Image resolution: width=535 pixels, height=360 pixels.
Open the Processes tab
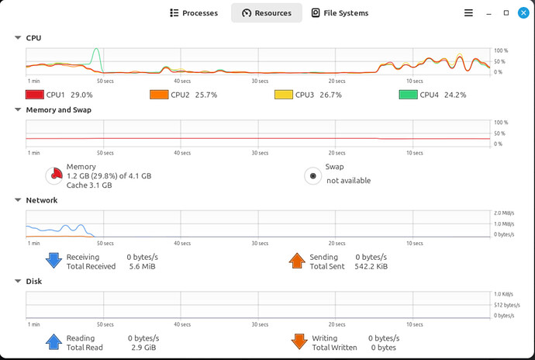(194, 13)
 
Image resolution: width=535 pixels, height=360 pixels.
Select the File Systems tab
(339, 13)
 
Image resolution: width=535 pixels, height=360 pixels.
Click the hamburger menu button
(468, 13)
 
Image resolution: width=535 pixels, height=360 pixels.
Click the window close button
(523, 13)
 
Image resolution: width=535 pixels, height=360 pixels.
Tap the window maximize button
(506, 13)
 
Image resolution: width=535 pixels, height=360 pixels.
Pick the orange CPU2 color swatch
(159, 95)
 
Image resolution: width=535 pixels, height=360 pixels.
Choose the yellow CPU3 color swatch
(284, 95)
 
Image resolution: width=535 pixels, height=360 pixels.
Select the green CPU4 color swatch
(408, 95)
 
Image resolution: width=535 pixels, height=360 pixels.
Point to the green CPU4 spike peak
(96, 50)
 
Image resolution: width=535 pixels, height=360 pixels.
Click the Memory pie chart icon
(54, 176)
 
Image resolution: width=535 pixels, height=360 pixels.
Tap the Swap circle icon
(312, 176)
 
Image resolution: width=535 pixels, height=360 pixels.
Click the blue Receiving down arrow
(53, 261)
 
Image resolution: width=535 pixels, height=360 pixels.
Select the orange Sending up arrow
(297, 261)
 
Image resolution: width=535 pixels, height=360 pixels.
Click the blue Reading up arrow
(53, 342)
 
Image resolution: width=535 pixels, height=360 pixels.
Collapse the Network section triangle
(18, 200)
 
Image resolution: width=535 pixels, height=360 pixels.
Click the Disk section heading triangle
(18, 282)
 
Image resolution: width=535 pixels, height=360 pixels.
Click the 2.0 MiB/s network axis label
(503, 213)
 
